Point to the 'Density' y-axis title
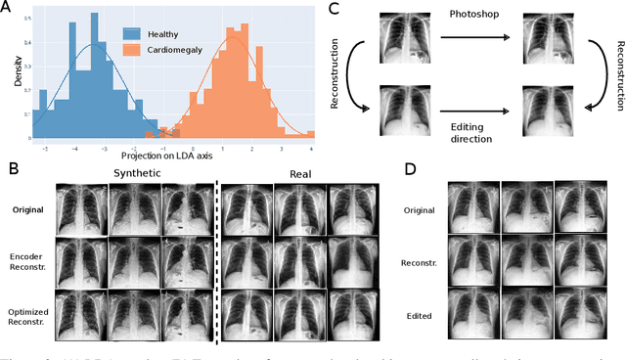pos(20,70)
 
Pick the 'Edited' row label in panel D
pos(421,316)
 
